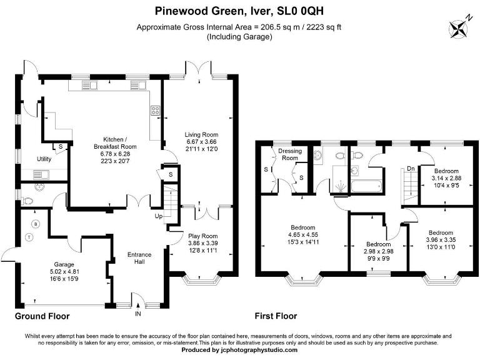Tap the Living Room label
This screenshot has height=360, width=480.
(x=201, y=134)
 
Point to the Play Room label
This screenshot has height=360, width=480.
(x=202, y=236)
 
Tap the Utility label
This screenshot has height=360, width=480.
(x=44, y=159)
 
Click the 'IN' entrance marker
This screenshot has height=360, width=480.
(x=137, y=314)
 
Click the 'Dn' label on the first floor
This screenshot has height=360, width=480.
(x=409, y=168)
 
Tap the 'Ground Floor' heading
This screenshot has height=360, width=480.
(x=42, y=316)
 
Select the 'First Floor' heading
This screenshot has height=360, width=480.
(x=276, y=316)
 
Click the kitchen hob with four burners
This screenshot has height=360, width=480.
(x=155, y=111)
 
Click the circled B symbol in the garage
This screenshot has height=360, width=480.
(x=36, y=224)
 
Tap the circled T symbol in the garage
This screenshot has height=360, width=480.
(x=29, y=236)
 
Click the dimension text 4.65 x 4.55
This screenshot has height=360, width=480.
(x=302, y=235)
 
